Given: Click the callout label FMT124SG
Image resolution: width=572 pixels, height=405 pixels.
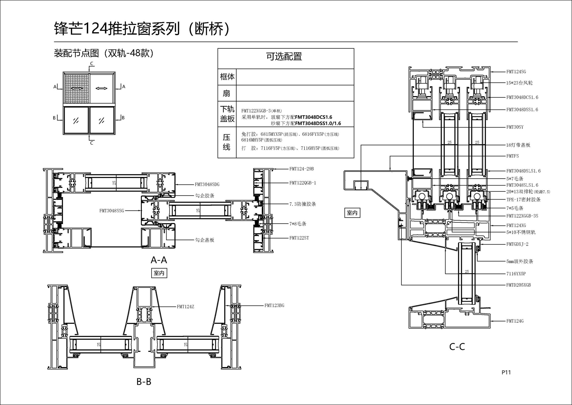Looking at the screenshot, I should coord(516,72).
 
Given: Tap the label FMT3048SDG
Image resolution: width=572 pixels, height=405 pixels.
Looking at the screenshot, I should coord(207,185).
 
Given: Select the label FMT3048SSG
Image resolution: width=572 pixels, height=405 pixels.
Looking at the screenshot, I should coord(111,211).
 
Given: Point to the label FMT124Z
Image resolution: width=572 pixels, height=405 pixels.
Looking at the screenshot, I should coord(185,307).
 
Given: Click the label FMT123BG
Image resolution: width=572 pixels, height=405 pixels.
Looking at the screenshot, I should coord(274,305).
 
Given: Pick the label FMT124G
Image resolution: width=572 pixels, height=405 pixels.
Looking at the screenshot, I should coord(515,321).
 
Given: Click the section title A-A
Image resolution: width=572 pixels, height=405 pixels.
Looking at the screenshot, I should coord(159,260).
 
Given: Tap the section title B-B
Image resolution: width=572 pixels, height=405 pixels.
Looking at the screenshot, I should coord(144,381).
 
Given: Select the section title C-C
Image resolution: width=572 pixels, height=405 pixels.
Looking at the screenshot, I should coord(457,347).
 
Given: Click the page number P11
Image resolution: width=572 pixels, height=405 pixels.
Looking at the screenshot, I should coord(506,372).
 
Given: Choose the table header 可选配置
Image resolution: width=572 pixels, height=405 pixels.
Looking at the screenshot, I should coord(284,56).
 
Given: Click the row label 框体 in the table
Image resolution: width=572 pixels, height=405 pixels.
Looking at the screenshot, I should coord(227,77).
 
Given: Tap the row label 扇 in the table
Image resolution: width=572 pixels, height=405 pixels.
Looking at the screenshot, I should coord(227,93).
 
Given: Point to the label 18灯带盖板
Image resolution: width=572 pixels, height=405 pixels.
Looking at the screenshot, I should coord(518,145).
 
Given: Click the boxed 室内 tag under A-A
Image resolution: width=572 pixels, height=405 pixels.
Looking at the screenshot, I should coord(159,273).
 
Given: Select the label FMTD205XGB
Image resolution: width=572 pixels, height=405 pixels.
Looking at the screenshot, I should coord(518,285).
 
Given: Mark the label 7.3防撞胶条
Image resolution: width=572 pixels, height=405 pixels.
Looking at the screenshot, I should coord(302,204).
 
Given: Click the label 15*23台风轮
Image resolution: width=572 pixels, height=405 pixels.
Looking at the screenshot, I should coord(519,83).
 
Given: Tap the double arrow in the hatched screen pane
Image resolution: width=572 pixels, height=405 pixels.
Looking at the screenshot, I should coord(77,88).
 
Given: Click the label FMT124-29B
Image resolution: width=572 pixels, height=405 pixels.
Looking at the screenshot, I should coord(301,169).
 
